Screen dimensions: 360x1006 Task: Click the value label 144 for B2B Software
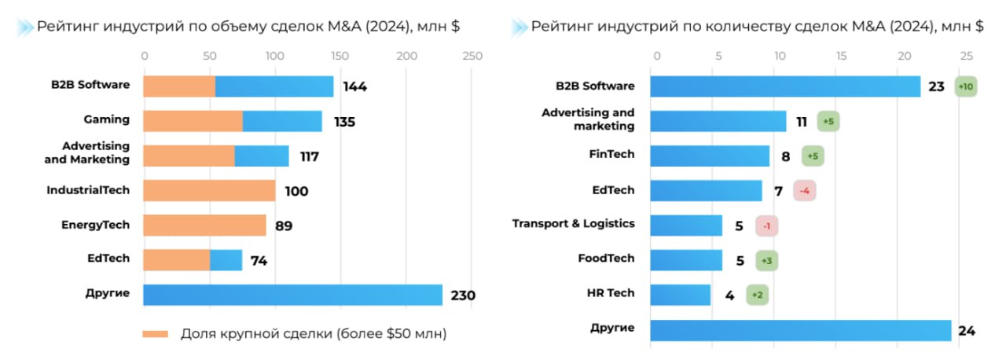[x=354, y=86]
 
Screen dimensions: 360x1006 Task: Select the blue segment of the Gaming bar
[x=282, y=121]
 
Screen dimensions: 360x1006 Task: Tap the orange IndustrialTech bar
[x=209, y=190]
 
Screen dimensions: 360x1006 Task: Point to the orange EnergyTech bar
[x=204, y=225]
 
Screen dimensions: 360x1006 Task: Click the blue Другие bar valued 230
[x=292, y=295]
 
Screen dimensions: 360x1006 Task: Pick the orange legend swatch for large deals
[x=156, y=334]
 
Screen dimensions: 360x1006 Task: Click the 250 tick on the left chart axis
[x=472, y=57]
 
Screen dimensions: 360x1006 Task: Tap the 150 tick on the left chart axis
[x=340, y=57]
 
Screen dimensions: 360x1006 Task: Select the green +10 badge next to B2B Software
[x=966, y=86]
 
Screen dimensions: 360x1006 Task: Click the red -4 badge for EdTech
[x=804, y=190]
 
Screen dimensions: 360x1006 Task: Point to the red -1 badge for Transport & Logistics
[x=766, y=226]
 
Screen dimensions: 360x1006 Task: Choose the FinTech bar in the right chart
[x=710, y=156]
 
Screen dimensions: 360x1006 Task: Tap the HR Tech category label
[x=610, y=293]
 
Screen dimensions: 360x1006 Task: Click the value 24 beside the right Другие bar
[x=967, y=331]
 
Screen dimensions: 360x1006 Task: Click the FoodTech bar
[x=686, y=259]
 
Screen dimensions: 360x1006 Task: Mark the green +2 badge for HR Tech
[x=757, y=295]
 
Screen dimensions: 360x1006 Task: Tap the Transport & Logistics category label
[x=573, y=224]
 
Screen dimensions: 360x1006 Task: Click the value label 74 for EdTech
[x=259, y=260]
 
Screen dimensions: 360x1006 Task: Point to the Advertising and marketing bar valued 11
[x=718, y=121]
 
